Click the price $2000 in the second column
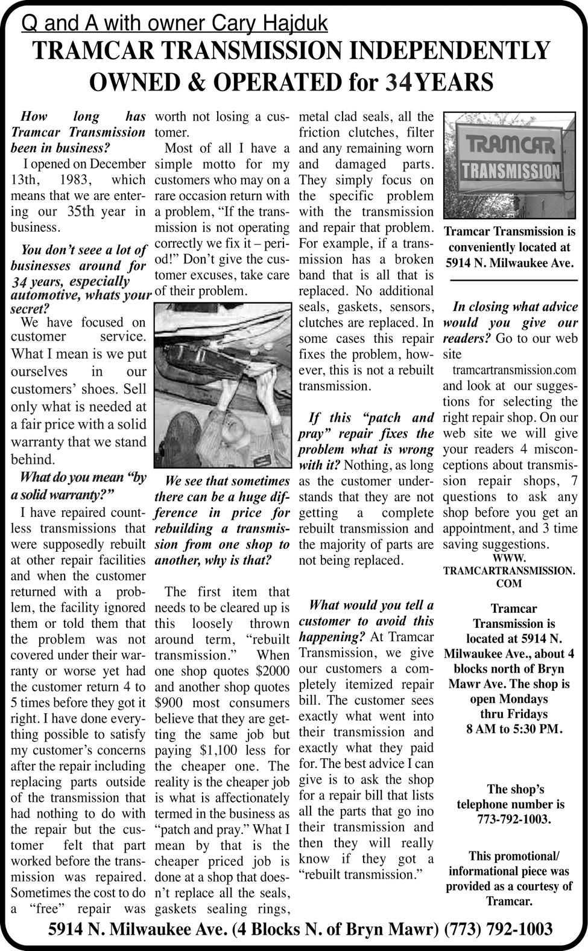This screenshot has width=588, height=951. pyautogui.click(x=272, y=671)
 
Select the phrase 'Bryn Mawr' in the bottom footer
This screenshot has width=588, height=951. pyautogui.click(x=394, y=929)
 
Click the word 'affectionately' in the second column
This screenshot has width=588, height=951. pyautogui.click(x=247, y=798)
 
